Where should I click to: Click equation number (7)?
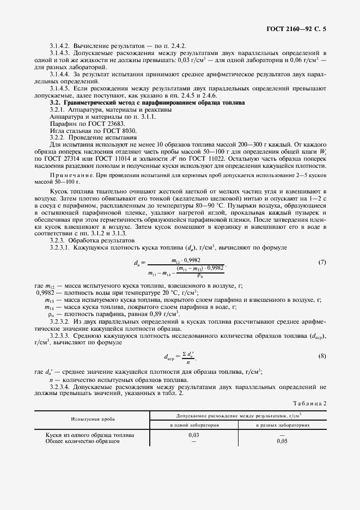(x=321, y=263)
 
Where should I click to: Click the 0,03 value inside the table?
(x=193, y=435)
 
